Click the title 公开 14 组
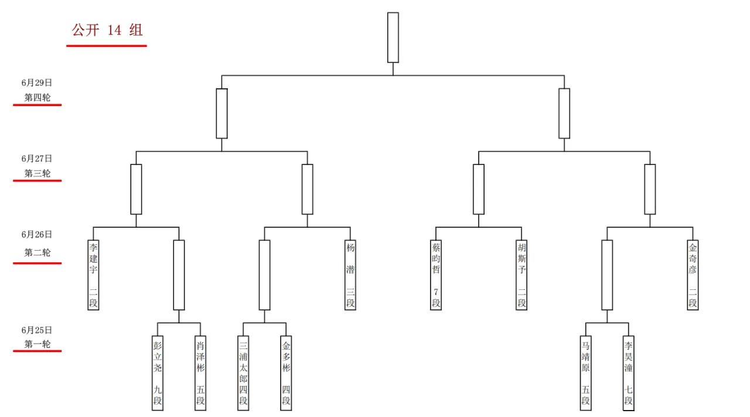coord(107,30)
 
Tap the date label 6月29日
coord(37,83)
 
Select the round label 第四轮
coord(37,97)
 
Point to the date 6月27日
coord(37,159)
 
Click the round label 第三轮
coord(37,173)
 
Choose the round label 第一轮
coord(37,344)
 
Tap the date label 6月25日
coord(37,330)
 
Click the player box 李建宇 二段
coord(93,275)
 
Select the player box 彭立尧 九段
coord(158,373)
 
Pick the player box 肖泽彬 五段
coord(200,373)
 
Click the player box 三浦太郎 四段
coord(243,373)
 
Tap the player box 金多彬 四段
coord(287,373)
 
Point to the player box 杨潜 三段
coord(350,275)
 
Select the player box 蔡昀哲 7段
coord(436,275)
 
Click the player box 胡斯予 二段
coord(521,275)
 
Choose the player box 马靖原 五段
coord(586,373)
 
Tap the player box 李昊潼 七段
coord(629,373)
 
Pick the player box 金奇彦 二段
coord(693,275)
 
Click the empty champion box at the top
coord(393,37)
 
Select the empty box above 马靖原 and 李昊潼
coord(608,275)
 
